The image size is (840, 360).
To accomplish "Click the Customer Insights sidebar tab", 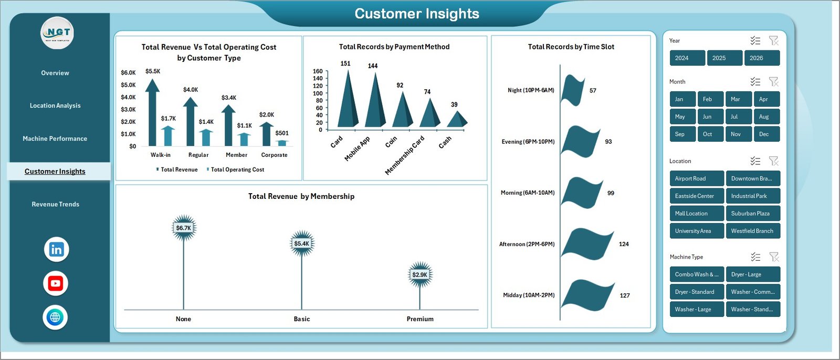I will tap(55, 172).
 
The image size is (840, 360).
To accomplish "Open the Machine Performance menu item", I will tap(55, 139).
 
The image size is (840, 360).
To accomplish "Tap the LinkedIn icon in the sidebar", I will tap(56, 249).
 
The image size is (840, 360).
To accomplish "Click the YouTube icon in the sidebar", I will tap(56, 283).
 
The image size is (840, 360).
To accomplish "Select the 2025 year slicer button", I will tap(724, 58).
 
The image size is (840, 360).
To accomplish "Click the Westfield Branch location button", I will tap(752, 231).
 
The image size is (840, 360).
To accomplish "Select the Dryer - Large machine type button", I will tap(752, 274).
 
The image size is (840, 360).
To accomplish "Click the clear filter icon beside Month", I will tap(773, 82).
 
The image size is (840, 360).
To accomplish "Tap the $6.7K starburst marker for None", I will tap(184, 228).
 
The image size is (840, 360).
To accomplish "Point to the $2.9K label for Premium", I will tap(420, 274).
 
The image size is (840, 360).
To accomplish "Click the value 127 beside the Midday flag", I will tap(625, 295).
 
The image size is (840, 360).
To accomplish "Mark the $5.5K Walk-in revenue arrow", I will tap(152, 113).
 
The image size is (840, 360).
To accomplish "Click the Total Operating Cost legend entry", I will tap(236, 170).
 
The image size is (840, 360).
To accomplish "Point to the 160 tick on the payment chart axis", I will tap(318, 71).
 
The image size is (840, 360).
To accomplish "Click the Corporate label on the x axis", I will tap(274, 155).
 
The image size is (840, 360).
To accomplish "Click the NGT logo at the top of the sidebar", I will tap(58, 33).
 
